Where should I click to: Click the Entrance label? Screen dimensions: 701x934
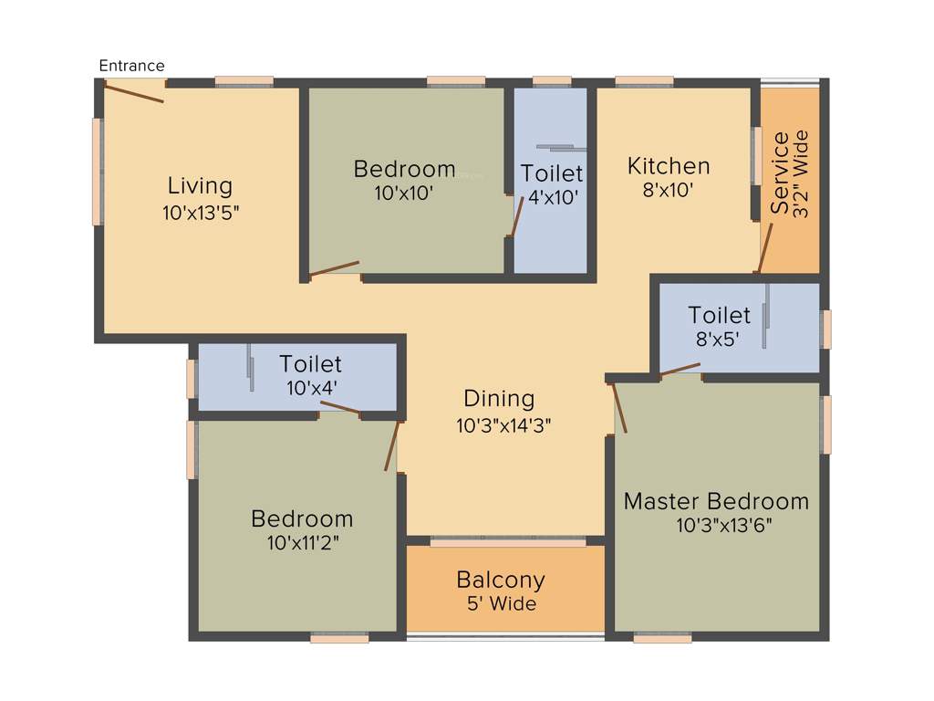click(131, 66)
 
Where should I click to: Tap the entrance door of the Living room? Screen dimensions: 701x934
click(134, 91)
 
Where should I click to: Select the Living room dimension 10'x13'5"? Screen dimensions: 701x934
click(200, 213)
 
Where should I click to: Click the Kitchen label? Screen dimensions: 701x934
click(669, 166)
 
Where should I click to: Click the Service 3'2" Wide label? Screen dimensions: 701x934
click(790, 173)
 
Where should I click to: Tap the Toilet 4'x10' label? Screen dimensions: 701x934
click(552, 184)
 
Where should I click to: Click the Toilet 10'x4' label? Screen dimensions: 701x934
click(310, 376)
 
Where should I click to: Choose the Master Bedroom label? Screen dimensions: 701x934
click(716, 501)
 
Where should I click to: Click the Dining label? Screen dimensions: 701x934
click(499, 399)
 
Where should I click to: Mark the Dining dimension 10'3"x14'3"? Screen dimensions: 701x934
click(503, 424)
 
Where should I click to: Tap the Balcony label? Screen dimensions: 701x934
click(501, 580)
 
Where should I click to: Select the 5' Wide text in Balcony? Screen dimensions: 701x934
click(501, 604)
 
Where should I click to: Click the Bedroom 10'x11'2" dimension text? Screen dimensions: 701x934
click(302, 543)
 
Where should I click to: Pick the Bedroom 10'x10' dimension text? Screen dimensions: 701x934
click(403, 193)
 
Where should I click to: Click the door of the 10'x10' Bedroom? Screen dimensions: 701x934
click(334, 268)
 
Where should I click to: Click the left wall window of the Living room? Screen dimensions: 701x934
click(97, 172)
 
